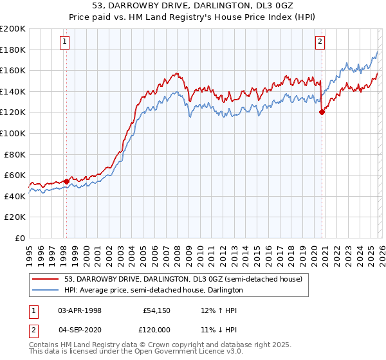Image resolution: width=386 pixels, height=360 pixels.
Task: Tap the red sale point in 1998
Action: (x=66, y=181)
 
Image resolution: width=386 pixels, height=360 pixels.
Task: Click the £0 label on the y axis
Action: (x=19, y=238)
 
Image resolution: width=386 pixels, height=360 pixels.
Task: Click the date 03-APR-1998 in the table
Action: (x=80, y=310)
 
